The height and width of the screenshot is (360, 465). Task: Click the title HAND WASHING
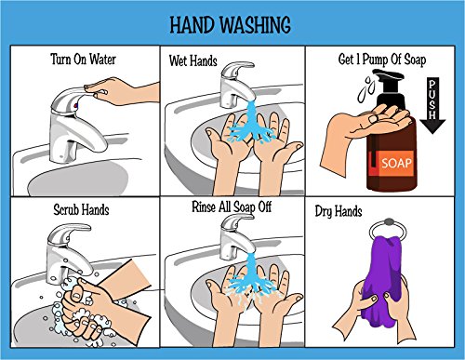[231, 25]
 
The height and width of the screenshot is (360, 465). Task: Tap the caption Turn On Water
[83, 59]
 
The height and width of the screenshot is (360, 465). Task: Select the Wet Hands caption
[193, 60]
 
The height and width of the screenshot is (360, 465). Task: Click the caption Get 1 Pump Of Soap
[382, 60]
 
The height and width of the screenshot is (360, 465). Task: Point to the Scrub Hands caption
[81, 209]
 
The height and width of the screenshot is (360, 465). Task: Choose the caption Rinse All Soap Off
[232, 207]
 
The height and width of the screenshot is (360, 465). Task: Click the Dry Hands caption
[339, 211]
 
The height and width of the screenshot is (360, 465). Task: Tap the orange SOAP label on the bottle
[395, 163]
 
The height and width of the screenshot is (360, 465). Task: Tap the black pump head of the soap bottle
[390, 87]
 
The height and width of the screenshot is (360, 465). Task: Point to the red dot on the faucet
[75, 106]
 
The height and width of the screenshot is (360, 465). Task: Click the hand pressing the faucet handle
[123, 90]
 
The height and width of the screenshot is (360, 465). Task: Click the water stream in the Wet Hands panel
[250, 124]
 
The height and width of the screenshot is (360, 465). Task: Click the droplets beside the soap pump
[366, 88]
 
